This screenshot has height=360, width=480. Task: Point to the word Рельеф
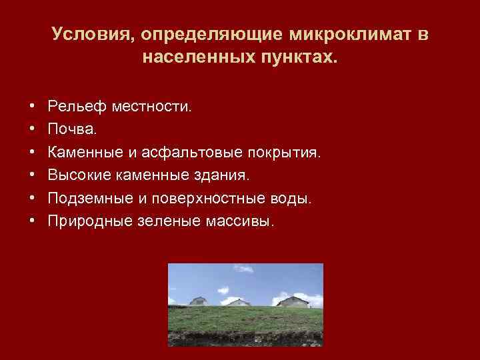[x=74, y=107]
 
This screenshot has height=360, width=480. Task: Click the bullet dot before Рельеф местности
[x=32, y=107]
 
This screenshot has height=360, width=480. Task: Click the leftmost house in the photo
[x=199, y=301]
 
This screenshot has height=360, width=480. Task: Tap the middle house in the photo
[x=239, y=303]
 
